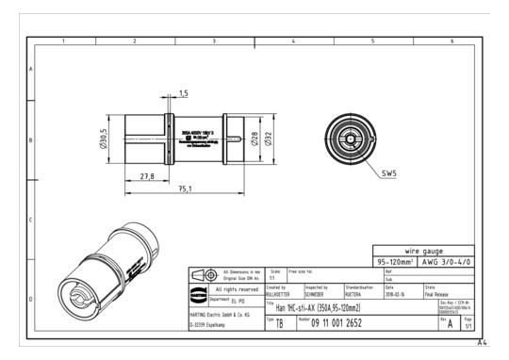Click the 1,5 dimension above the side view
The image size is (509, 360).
(x=183, y=93)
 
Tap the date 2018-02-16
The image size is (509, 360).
(x=396, y=293)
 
